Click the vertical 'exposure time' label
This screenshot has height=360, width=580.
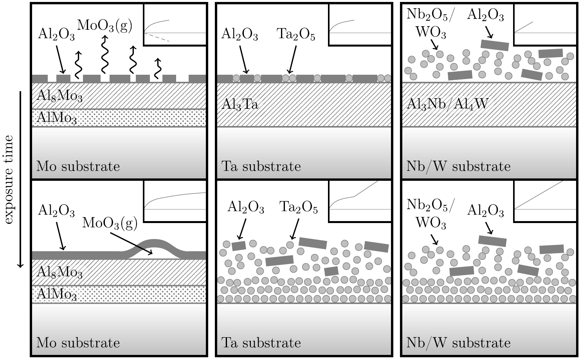[9, 180]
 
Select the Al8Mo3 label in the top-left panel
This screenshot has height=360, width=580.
[59, 96]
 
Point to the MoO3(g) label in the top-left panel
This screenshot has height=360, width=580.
[104, 25]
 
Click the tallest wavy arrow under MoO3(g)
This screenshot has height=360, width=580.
[104, 55]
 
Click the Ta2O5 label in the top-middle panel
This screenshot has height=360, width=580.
[296, 34]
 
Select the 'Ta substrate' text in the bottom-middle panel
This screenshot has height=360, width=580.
[261, 343]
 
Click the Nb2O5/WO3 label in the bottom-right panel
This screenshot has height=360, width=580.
[430, 214]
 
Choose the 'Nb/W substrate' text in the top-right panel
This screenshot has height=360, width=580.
[458, 166]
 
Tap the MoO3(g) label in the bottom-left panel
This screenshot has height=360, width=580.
[110, 223]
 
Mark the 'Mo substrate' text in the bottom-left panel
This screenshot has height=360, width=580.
[78, 343]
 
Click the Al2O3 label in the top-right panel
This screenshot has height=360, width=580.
[485, 15]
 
